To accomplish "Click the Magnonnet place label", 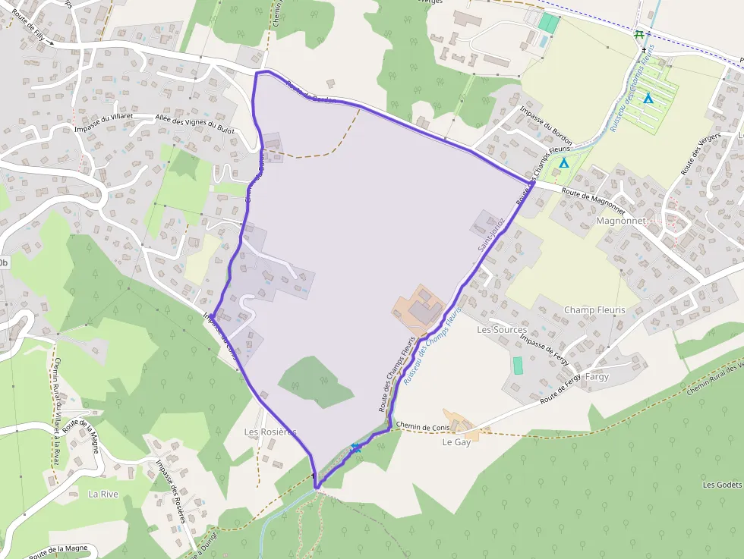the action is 620,221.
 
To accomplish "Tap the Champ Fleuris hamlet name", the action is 594,310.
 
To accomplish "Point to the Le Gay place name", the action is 456,442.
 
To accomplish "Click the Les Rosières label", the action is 270,432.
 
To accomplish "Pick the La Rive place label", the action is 103,494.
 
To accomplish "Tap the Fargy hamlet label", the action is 597,376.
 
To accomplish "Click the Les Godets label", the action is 722,485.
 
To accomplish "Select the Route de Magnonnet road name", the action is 592,195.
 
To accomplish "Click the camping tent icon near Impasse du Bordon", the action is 563,162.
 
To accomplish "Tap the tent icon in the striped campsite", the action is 648,98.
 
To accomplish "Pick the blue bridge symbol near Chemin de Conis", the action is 356,448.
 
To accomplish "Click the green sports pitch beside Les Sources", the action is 518,365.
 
